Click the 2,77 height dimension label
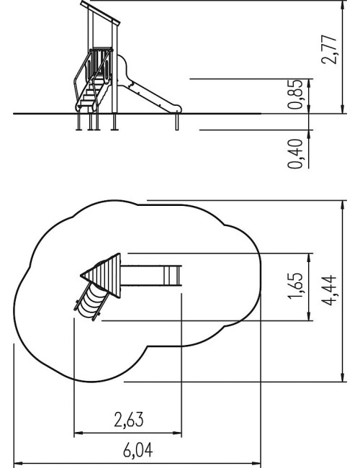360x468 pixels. pos(329,49)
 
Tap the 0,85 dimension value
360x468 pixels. pos(295,94)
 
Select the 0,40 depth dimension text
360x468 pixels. pos(295,153)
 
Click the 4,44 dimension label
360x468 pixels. pos(329,291)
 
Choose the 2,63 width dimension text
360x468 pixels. pos(129,419)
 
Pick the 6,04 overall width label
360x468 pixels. pos(138,450)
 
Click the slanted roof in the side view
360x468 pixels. pos(100,12)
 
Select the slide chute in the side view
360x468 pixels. pos(148,89)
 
